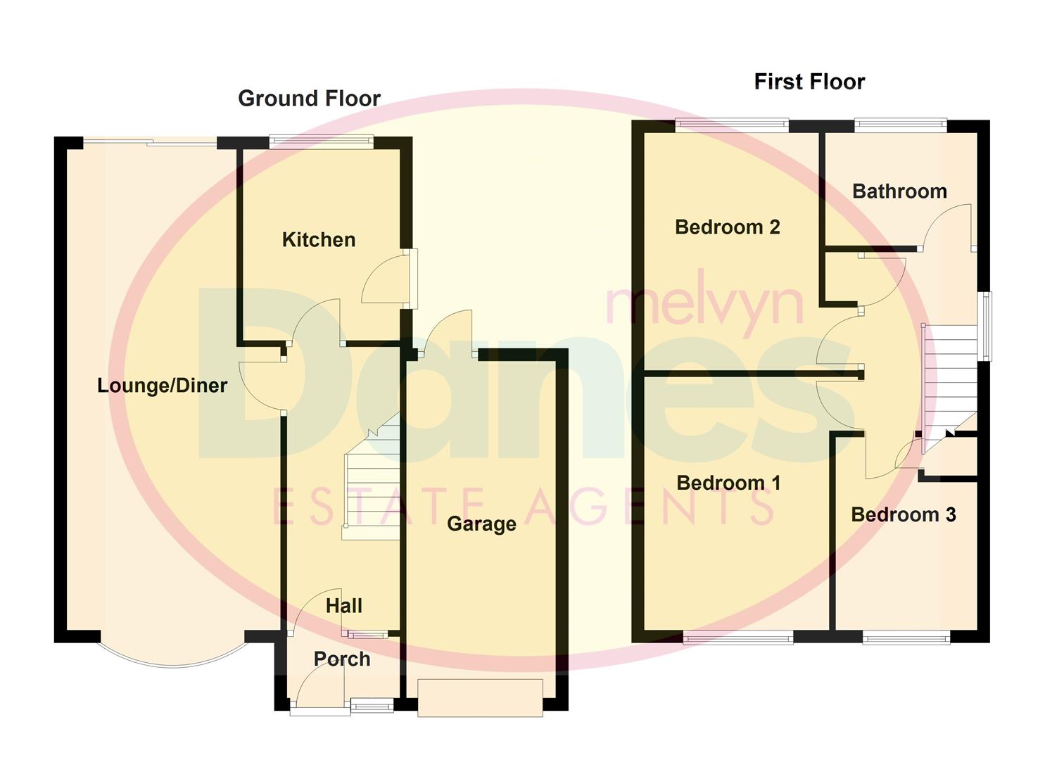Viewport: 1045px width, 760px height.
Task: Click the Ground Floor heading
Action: coord(309,99)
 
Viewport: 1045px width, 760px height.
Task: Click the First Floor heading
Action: coord(809,82)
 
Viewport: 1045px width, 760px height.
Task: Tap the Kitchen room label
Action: coord(318,240)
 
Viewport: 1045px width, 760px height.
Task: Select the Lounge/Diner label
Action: coord(162,386)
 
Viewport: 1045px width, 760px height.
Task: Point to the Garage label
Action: coord(481,524)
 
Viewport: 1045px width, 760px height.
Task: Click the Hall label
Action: coord(344,606)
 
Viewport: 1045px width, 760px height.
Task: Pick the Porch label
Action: coord(342,659)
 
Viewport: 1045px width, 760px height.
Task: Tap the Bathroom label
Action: coord(899,191)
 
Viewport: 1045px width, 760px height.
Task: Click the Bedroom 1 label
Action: coord(728,483)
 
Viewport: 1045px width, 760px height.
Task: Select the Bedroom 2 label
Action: coord(727,227)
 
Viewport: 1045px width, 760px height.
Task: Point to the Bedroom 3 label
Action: coord(904,515)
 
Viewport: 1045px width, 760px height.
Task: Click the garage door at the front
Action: coord(480,697)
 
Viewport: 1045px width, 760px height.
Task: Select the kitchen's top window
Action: coord(321,142)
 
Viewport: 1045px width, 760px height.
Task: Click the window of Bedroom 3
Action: coord(906,638)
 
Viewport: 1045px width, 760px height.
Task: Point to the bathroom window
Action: coord(901,125)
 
